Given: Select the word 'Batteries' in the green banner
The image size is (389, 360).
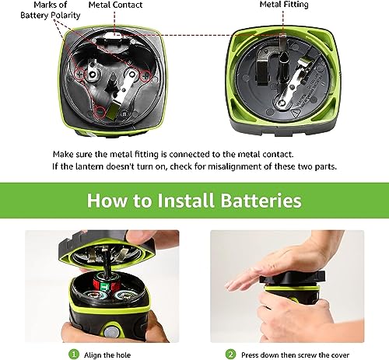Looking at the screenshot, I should click(x=263, y=201).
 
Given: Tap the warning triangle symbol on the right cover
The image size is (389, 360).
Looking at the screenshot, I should click(x=300, y=111).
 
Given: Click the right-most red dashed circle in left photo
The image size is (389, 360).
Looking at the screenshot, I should click(x=144, y=75).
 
